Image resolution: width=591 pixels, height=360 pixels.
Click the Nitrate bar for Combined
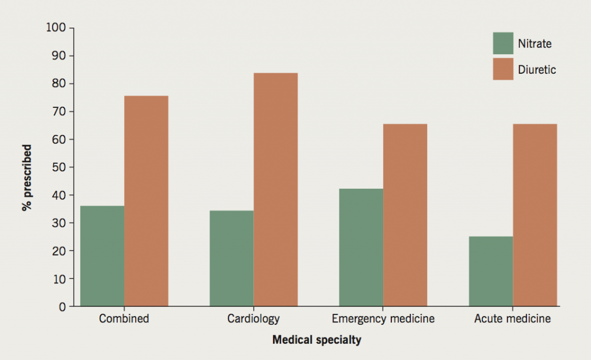pos(102,256)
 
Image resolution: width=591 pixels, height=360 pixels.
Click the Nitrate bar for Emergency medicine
pos(361,247)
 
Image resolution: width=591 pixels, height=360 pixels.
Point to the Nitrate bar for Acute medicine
pos(491,271)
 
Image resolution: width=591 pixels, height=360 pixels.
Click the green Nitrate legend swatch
pos(503,43)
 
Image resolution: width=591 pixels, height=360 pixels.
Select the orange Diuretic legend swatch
pos(503,69)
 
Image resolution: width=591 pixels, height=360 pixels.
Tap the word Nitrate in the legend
pos(535,44)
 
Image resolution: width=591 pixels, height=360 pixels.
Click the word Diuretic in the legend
pos(537,70)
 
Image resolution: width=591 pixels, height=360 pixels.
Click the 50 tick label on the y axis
pos(60,167)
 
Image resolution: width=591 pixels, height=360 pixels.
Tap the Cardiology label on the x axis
pos(253,318)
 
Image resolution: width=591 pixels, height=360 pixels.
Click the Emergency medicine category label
pos(383,318)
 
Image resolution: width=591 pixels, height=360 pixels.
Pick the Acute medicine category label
pos(513,318)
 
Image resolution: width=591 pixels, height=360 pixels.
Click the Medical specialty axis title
pos(317,340)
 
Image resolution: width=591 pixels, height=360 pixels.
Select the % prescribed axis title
pos(27,178)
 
